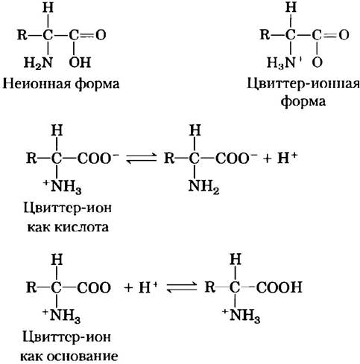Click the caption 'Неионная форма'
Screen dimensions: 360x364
[x=61, y=84]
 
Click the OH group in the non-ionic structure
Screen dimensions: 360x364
[x=80, y=63]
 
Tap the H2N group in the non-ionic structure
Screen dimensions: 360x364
[x=39, y=63]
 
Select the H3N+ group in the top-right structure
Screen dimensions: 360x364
[x=285, y=63]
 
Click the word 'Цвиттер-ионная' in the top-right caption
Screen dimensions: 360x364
[x=303, y=84]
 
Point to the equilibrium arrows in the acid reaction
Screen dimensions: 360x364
[x=142, y=158]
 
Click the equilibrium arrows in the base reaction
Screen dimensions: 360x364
[x=182, y=287]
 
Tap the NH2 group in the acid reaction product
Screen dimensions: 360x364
[x=203, y=186]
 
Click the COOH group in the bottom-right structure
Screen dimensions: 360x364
[x=280, y=287]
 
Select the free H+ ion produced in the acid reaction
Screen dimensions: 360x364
[x=287, y=158]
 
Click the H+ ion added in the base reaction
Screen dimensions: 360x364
[x=148, y=287]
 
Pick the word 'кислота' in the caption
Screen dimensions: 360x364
[x=85, y=227]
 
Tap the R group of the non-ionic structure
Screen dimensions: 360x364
[x=22, y=34]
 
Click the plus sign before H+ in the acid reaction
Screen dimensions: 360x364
[x=267, y=159]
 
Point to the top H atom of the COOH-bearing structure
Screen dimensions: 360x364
[x=236, y=260]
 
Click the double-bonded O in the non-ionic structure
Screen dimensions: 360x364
[x=101, y=35]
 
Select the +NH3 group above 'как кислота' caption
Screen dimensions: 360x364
[x=63, y=186]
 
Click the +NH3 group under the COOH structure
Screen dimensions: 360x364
[x=241, y=316]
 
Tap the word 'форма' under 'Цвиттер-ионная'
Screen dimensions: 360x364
[x=303, y=102]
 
